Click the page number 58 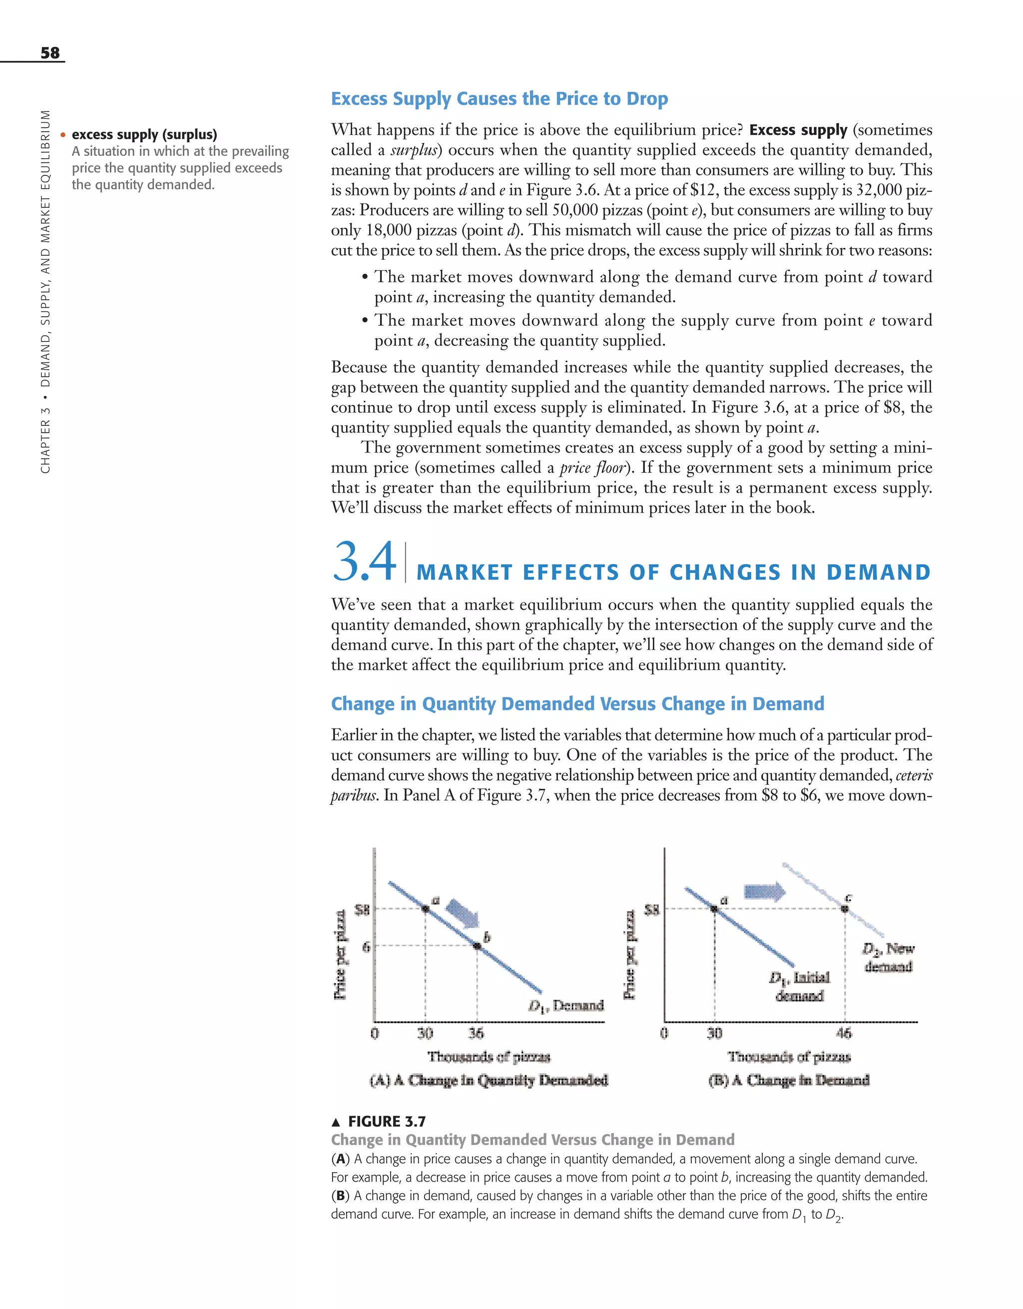[x=50, y=53]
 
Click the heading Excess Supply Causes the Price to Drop [x=499, y=98]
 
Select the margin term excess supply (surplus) [x=144, y=134]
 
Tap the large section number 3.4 [x=364, y=562]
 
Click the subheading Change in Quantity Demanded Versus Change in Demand [x=577, y=703]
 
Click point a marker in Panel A [x=426, y=909]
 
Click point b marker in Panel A [x=477, y=946]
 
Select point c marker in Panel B [x=845, y=909]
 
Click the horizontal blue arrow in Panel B [x=764, y=891]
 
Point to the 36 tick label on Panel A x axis [x=476, y=1033]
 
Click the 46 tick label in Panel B [x=843, y=1033]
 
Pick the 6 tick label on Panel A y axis [x=366, y=946]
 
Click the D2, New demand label [x=888, y=957]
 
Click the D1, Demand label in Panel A [x=566, y=1005]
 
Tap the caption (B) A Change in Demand [x=789, y=1080]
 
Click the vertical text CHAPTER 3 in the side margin [x=45, y=444]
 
